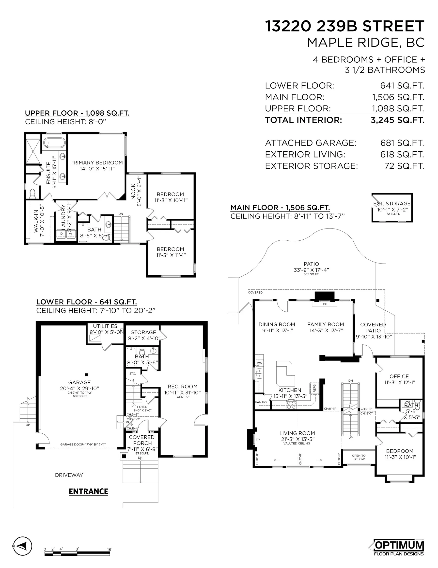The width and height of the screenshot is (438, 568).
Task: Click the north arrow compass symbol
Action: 22,546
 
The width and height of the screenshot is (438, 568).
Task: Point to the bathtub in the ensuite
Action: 54,143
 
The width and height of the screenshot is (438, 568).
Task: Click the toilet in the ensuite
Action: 33,193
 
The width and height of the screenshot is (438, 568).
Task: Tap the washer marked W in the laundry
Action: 71,234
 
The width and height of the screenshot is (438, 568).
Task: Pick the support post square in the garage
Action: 86,375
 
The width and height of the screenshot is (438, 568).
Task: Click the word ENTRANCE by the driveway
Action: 88,491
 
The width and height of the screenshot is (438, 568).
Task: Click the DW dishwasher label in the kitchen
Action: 259,363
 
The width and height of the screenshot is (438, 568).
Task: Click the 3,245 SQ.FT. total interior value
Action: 397,120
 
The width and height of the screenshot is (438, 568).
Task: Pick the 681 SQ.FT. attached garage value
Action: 402,143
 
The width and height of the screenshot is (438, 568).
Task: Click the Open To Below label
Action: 359,457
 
